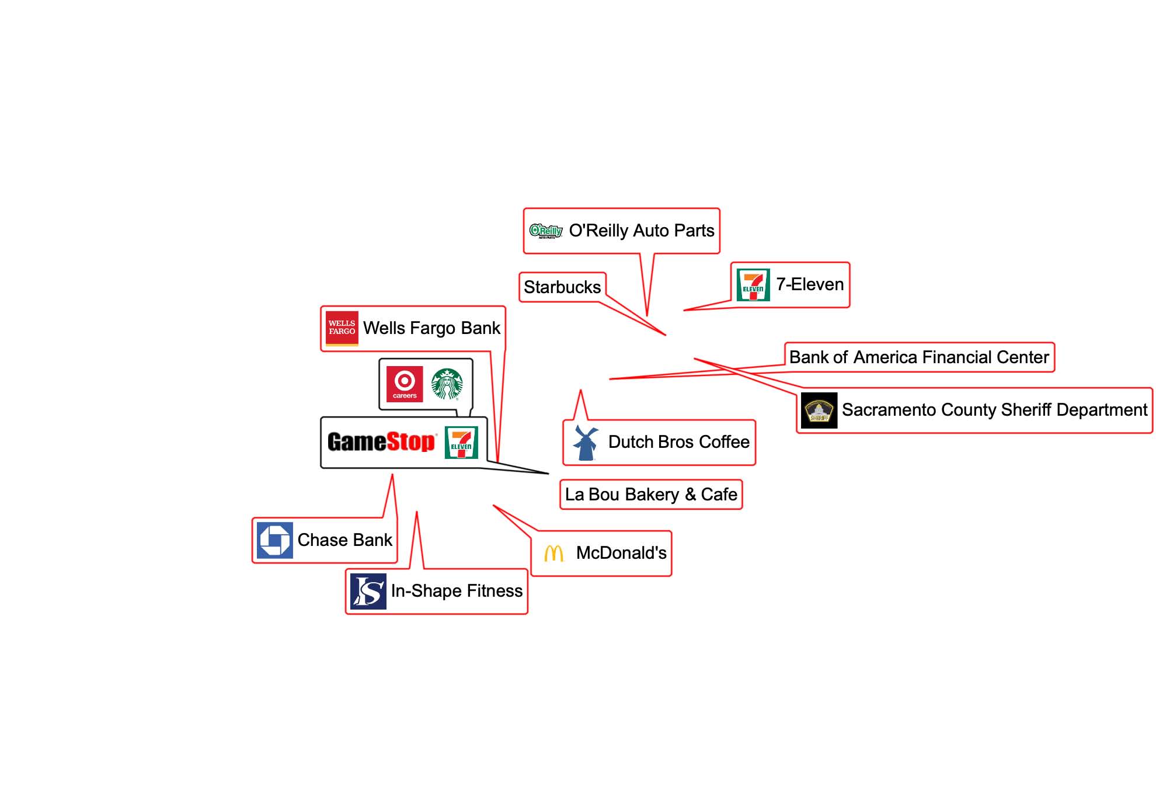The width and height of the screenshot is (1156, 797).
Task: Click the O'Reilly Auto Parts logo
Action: [x=546, y=231]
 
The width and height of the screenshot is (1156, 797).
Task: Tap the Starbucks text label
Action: [x=562, y=287]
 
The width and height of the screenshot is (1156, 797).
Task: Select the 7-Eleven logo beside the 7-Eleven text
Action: [x=753, y=285]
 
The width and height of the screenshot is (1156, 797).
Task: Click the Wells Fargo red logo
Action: [x=342, y=328]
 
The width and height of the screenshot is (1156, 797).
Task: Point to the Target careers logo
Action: [x=405, y=384]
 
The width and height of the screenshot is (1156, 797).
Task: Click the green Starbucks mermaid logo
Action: [x=447, y=384]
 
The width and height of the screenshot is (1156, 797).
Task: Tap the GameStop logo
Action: [x=382, y=442]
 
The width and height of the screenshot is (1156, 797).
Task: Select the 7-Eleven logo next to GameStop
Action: [x=461, y=443]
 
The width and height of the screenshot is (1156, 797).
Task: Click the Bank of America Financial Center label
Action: [x=919, y=357]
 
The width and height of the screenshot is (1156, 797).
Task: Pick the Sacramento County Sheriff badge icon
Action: [x=819, y=410]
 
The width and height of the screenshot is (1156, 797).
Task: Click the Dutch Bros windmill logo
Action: [x=586, y=443]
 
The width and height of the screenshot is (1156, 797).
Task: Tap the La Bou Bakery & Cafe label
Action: [x=651, y=495]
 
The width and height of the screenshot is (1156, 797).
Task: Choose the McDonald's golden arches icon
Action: [x=554, y=554]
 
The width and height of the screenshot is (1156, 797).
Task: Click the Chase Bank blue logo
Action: [x=275, y=540]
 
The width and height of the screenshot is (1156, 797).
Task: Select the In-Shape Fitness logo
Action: [x=368, y=591]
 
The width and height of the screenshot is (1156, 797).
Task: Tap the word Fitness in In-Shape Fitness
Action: [x=493, y=591]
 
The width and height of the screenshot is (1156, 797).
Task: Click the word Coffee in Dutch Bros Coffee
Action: [x=724, y=442]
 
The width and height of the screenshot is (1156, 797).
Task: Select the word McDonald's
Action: [x=621, y=553]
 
